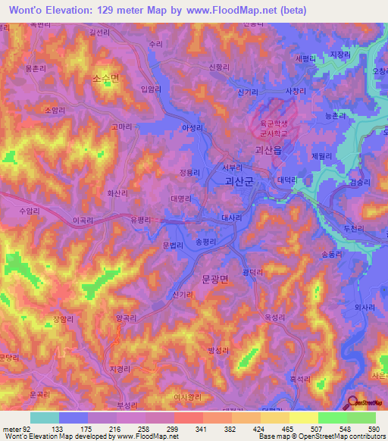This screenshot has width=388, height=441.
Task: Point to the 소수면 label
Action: coord(106,78)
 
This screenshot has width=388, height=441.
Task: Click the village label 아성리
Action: coord(192,128)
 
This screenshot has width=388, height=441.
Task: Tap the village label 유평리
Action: coord(142,219)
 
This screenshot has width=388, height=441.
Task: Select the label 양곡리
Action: coord(127,318)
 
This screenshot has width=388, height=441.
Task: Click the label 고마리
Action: coord(121,127)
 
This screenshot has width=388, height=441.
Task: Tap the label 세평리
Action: coord(306,58)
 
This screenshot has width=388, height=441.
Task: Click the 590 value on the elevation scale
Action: coord(373,428)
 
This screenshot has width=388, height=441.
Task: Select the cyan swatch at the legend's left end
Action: coord(45,418)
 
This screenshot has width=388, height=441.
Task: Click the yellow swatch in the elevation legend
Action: coord(304,418)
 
